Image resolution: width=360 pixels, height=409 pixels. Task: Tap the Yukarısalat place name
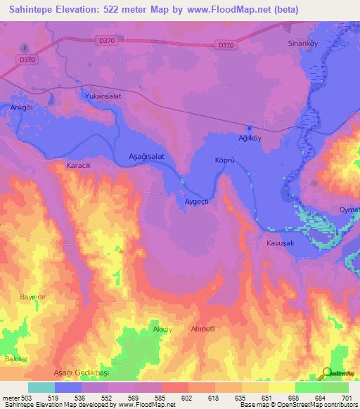(x=103, y=96)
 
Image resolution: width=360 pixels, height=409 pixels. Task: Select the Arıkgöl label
(x=21, y=108)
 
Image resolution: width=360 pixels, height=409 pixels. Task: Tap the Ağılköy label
(x=249, y=138)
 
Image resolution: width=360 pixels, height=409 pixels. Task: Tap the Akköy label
(x=162, y=329)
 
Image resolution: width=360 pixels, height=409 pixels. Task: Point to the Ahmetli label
(x=205, y=329)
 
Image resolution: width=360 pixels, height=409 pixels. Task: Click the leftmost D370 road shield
(x=27, y=60)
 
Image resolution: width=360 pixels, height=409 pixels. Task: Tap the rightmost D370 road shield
(x=225, y=46)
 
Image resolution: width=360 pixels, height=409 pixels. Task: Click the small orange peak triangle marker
(x=122, y=249)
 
